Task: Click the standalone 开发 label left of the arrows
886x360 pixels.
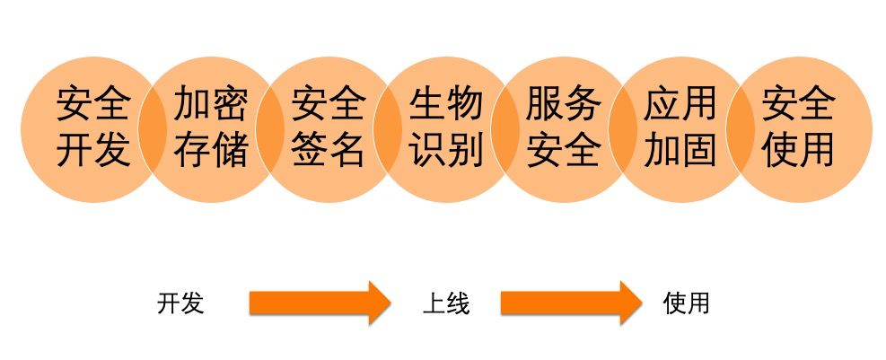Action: point(180,303)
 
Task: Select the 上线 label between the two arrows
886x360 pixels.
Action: point(445,303)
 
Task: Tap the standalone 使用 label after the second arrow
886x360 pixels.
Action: point(687,303)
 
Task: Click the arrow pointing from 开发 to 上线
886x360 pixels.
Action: point(320,303)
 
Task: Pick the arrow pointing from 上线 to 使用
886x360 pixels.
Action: point(571,303)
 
